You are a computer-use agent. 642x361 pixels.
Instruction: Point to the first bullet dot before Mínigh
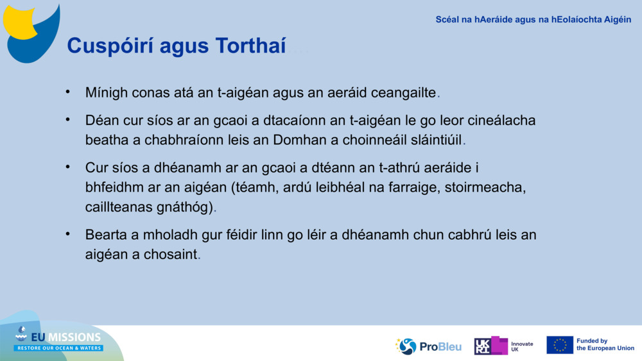[x=67, y=92]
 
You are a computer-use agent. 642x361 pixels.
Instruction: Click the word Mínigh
[x=106, y=92]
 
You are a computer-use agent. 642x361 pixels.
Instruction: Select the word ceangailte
[x=403, y=92]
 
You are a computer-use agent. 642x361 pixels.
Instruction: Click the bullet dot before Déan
[x=67, y=120]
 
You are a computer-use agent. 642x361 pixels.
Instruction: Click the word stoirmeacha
[x=499, y=189]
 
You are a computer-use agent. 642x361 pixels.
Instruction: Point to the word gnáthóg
[x=189, y=207]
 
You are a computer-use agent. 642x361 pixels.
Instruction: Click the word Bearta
[x=106, y=235]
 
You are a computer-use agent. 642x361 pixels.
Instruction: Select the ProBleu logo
[x=428, y=346]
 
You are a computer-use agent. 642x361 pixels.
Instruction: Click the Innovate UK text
[x=521, y=346]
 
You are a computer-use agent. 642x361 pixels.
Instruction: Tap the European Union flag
[x=559, y=345]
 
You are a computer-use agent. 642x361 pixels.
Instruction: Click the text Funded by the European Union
[x=605, y=345]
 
